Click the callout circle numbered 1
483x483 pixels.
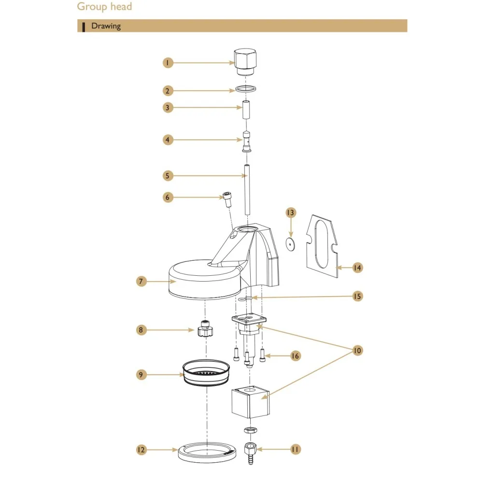click(167, 62)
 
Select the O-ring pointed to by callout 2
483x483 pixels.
click(245, 89)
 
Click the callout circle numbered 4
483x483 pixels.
click(167, 140)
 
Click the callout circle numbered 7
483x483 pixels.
click(140, 281)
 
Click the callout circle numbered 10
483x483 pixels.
click(357, 350)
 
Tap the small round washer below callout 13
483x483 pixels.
click(290, 244)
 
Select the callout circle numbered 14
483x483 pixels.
click(357, 267)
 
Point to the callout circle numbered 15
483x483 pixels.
click(357, 296)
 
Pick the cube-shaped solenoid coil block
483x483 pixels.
click(250, 401)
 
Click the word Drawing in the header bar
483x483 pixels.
click(106, 26)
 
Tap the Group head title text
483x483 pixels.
click(104, 7)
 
